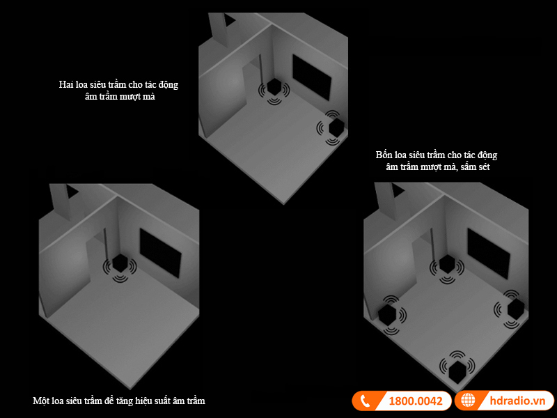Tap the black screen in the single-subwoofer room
tap(161, 253)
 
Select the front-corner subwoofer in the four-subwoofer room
tap(457, 371)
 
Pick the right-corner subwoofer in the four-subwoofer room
tap(516, 309)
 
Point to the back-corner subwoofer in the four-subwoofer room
tap(446, 264)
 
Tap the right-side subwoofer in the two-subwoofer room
tap(336, 127)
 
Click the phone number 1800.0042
tap(416, 401)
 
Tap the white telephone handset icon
tap(365, 401)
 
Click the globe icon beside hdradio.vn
tap(468, 400)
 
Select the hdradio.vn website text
tap(517, 401)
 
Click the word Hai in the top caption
tap(65, 84)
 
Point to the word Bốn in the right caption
tap(384, 155)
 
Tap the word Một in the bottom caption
tap(41, 401)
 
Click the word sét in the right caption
tap(483, 167)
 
